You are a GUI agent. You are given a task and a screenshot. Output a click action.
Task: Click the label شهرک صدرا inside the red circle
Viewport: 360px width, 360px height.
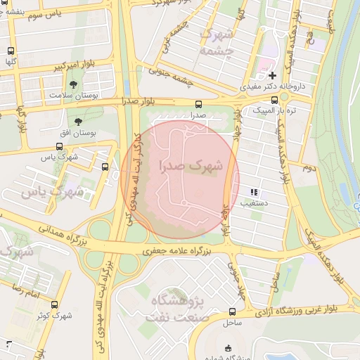191,167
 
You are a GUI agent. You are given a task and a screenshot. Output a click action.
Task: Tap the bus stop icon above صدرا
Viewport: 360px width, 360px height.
198,103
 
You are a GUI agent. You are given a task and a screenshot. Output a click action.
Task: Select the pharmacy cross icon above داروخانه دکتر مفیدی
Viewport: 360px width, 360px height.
273,75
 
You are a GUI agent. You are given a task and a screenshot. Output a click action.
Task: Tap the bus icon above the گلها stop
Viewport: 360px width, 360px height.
11,51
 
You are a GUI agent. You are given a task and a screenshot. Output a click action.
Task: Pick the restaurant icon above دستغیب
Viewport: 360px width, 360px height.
254,192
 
